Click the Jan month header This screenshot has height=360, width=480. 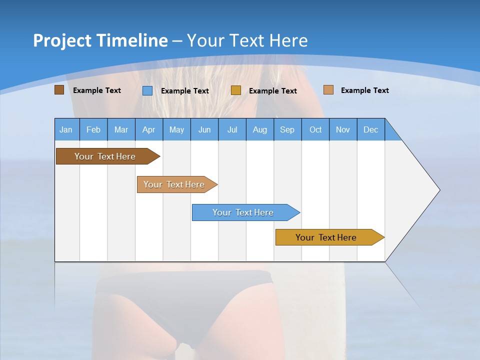click(66, 129)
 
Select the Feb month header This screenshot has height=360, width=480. click(93, 129)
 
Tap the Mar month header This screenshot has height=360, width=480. click(121, 129)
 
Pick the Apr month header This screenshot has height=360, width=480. click(149, 129)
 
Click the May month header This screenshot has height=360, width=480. click(176, 129)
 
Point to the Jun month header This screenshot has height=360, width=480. click(204, 129)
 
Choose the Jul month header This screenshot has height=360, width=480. click(232, 129)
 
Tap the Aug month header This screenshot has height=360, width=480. click(260, 129)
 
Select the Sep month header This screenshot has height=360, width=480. click(287, 129)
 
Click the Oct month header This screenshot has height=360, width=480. click(315, 129)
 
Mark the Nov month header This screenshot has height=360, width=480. click(343, 129)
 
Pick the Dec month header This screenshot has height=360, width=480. click(371, 129)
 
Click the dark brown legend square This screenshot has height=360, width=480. click(59, 90)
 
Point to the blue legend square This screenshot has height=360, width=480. click(147, 90)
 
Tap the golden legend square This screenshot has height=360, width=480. click(236, 90)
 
